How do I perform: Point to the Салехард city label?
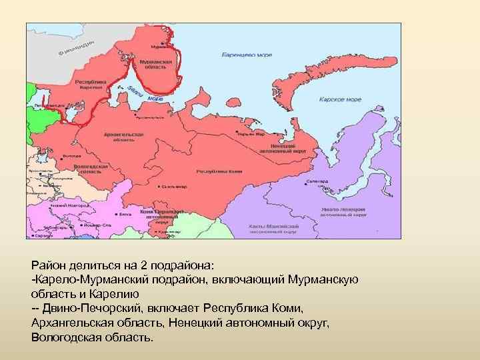pyautogui.click(x=317, y=181)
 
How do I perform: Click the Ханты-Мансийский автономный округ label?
pyautogui.click(x=273, y=229)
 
